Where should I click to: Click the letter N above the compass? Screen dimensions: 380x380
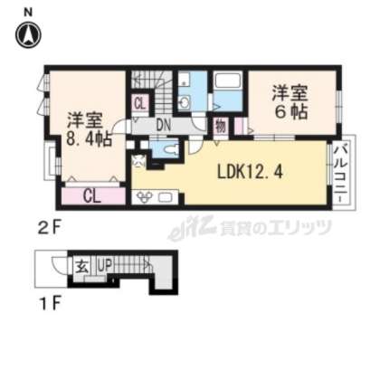[x=28, y=11]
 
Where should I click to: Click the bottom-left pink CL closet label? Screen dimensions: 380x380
[x=92, y=194]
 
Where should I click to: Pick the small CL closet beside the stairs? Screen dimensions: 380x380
[x=139, y=102]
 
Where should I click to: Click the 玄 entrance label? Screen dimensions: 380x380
[x=80, y=266]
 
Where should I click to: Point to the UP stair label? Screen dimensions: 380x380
[x=105, y=266]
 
